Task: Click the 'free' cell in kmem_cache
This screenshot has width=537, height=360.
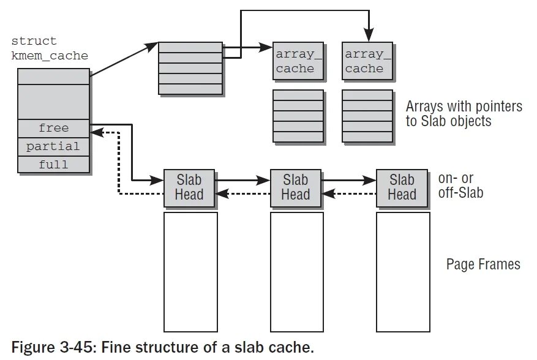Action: [54, 129]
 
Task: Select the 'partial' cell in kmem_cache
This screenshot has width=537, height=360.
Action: [54, 147]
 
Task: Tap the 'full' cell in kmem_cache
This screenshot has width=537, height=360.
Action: [54, 165]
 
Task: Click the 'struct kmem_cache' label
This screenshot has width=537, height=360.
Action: [50, 48]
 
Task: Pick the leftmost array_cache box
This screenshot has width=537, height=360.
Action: [298, 61]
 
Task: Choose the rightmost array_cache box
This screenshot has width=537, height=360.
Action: [367, 61]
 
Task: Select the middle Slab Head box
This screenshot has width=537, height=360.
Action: [296, 187]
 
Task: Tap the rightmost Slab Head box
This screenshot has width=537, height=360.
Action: [402, 187]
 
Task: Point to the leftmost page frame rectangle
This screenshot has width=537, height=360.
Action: [190, 272]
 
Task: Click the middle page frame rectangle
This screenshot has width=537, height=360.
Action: [296, 272]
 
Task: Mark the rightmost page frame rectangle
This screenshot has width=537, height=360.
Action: [402, 272]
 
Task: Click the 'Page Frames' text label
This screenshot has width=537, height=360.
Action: [483, 264]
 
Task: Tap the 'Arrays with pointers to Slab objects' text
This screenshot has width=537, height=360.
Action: [464, 113]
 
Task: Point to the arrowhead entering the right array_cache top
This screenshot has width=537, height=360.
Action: [368, 37]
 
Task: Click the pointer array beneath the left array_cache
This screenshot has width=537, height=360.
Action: [298, 116]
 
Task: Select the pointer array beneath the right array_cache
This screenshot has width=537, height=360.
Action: [367, 116]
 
